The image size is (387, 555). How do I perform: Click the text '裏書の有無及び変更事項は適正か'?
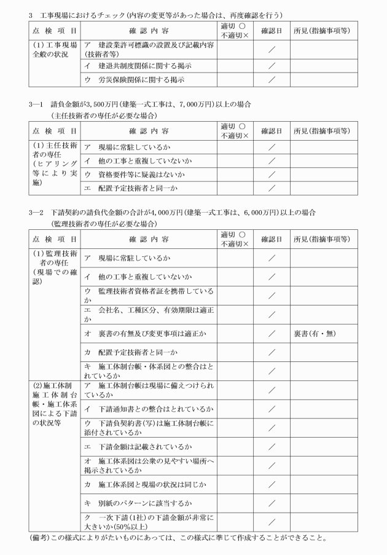[150, 333]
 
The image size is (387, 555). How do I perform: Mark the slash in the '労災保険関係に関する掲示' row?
[271, 79]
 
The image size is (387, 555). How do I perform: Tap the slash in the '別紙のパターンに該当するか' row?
[271, 503]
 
